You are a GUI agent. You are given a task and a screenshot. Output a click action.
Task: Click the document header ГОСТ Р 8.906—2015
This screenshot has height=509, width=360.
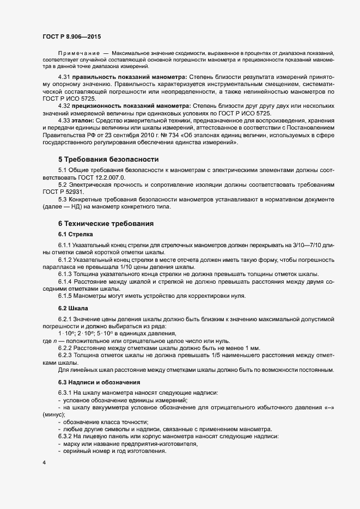[71, 35]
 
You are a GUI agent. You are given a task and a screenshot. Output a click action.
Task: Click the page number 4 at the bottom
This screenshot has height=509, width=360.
[44, 463]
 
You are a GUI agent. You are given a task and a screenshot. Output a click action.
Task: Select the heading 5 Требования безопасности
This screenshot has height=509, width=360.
[108, 160]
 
